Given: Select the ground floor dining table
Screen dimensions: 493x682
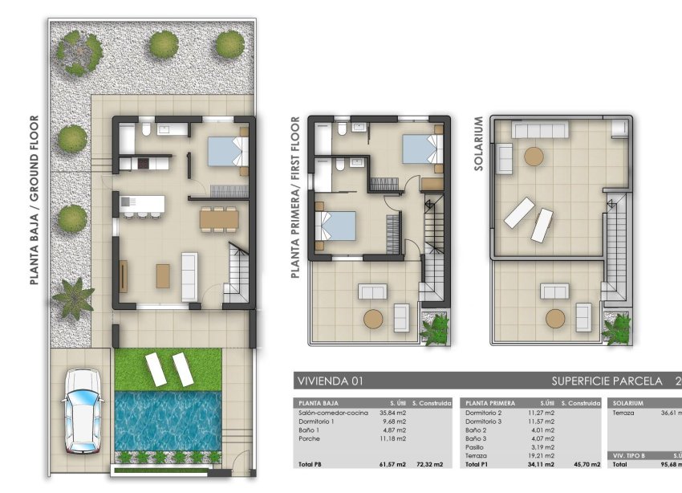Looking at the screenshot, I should [x=218, y=218].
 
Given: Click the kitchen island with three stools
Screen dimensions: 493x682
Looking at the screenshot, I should [x=142, y=206].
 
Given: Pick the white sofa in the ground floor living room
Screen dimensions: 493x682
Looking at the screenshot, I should [x=190, y=275].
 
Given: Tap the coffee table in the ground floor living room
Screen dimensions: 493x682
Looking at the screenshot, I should [x=164, y=275].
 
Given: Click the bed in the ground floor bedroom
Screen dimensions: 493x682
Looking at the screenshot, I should [x=227, y=150].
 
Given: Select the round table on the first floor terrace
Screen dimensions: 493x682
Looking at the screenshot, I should [x=374, y=319].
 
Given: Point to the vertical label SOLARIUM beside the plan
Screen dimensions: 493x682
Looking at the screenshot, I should [x=479, y=145].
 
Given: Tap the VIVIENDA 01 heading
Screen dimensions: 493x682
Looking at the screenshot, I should [x=330, y=381].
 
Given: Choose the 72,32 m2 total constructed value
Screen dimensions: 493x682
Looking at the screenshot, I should [x=432, y=465].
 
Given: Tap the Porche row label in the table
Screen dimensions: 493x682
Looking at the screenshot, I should [x=310, y=438].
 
